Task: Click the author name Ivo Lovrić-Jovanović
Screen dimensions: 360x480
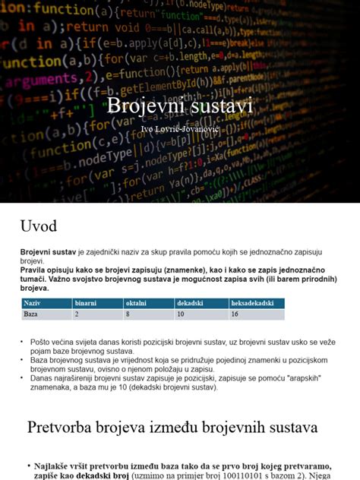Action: pyautogui.click(x=179, y=129)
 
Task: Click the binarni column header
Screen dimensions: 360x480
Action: pyautogui.click(x=85, y=303)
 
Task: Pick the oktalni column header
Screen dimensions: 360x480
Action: pyautogui.click(x=136, y=303)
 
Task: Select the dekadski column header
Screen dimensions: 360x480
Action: pyautogui.click(x=190, y=303)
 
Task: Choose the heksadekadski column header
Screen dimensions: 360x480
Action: pyautogui.click(x=251, y=303)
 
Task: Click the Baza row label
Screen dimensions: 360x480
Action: pyautogui.click(x=31, y=314)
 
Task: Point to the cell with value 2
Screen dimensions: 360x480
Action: pyautogui.click(x=77, y=314)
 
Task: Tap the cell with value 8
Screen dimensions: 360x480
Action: pyautogui.click(x=128, y=314)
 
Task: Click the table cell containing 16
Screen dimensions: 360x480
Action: pyautogui.click(x=235, y=314)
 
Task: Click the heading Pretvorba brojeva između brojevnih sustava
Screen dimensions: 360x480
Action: pyautogui.click(x=172, y=428)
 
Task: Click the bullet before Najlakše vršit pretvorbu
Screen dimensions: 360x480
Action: pyautogui.click(x=27, y=465)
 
